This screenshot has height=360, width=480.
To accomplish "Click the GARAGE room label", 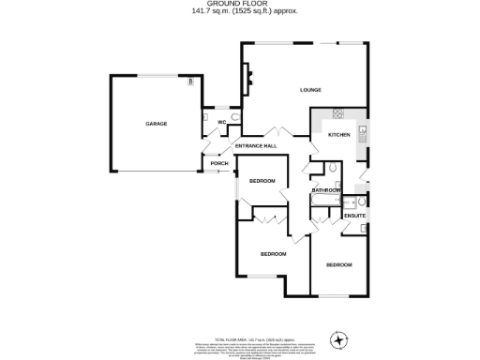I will coord(156,124).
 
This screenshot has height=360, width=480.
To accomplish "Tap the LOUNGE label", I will coord(310,90).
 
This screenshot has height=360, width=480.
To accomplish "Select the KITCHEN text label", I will coord(338,135).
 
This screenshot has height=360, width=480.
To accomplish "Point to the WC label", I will coord(222,123).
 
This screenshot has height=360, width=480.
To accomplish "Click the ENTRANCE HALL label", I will coord(255,146).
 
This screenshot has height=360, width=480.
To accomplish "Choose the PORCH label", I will coord(219,163).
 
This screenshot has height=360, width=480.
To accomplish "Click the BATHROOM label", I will coord(326,190).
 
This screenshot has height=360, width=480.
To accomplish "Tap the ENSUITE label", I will coord(354,217).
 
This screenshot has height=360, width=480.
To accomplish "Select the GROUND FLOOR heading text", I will coord(239,4).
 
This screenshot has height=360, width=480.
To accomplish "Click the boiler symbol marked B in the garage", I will coord(191,82).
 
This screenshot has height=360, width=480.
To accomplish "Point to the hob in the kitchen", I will coord(336,115).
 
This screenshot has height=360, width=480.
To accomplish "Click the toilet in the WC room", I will coord(233,118).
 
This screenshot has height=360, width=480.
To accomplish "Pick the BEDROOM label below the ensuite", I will coord(338,265).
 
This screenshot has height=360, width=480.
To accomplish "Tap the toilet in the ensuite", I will coord(361,201).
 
